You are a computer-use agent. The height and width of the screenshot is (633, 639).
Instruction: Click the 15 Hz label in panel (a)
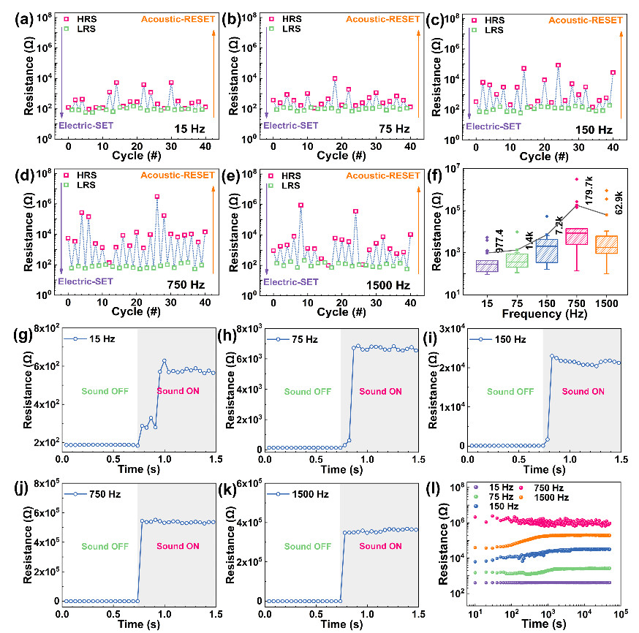(189, 129)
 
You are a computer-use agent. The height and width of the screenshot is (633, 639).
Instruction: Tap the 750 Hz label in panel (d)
(186, 285)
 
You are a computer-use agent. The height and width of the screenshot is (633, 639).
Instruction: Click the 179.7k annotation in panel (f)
(589, 191)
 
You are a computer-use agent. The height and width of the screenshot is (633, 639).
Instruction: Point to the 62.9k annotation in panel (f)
(619, 202)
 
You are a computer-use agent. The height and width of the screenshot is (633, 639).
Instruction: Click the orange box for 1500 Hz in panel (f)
(606, 244)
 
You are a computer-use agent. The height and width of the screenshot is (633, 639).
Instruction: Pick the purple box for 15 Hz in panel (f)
(487, 266)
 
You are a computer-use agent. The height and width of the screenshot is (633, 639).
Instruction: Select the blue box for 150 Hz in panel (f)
(546, 251)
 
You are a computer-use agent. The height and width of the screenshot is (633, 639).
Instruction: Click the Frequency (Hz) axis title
(545, 314)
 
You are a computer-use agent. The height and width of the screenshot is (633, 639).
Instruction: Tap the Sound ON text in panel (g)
(178, 391)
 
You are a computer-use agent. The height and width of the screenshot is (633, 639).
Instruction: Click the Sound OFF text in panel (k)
(308, 546)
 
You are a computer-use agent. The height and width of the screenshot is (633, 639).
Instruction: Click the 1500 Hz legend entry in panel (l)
(544, 497)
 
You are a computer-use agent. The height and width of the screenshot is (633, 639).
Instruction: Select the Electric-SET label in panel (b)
(290, 126)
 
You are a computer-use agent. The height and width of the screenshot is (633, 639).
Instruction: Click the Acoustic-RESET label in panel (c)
(585, 20)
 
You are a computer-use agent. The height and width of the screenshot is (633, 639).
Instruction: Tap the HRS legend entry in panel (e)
(285, 176)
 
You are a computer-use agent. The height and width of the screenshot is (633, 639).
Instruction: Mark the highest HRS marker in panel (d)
(157, 197)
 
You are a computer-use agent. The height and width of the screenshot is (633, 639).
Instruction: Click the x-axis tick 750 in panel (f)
(576, 303)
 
